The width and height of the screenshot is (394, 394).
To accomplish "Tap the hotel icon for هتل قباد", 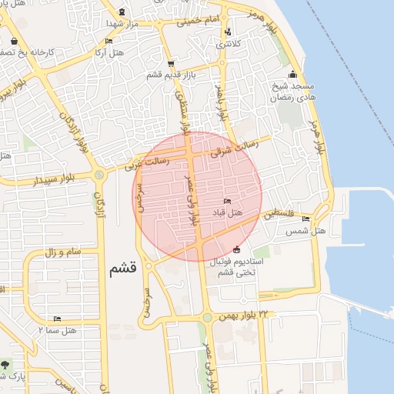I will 227,202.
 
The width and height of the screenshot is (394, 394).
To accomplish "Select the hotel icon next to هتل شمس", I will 306,219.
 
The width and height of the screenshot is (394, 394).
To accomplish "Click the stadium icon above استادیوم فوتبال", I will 235,249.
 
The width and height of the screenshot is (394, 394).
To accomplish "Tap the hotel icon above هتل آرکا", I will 109,42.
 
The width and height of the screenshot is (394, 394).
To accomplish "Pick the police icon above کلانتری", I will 228,32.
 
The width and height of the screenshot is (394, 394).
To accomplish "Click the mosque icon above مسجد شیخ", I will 292,75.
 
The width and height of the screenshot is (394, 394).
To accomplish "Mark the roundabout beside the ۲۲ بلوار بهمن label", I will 206,317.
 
